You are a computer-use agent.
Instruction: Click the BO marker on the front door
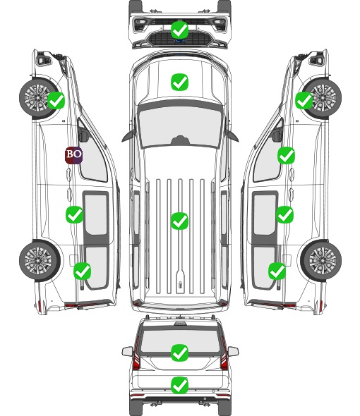[x=74, y=155]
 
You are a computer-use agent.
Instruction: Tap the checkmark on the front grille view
[x=180, y=30]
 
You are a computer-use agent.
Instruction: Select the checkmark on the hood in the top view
[x=180, y=82]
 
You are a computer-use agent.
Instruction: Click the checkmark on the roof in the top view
[x=180, y=221]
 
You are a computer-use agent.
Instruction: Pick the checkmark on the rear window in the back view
[x=180, y=353]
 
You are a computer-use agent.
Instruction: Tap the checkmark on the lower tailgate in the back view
[x=180, y=385]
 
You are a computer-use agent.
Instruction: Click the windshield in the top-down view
[x=180, y=127]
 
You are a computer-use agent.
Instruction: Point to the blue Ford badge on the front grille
[x=180, y=41]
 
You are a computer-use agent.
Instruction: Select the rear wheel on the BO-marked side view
[x=40, y=261]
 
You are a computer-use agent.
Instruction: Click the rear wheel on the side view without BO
[x=321, y=261]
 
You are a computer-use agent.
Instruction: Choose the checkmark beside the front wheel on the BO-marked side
[x=56, y=100]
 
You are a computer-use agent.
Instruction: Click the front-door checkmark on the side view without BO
[x=286, y=156]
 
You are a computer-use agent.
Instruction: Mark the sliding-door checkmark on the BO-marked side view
[x=74, y=214]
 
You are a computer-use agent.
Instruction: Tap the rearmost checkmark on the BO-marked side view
[x=82, y=271]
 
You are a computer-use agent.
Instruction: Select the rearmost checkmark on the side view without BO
[x=277, y=271]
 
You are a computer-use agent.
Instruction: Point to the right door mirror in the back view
[x=233, y=351]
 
